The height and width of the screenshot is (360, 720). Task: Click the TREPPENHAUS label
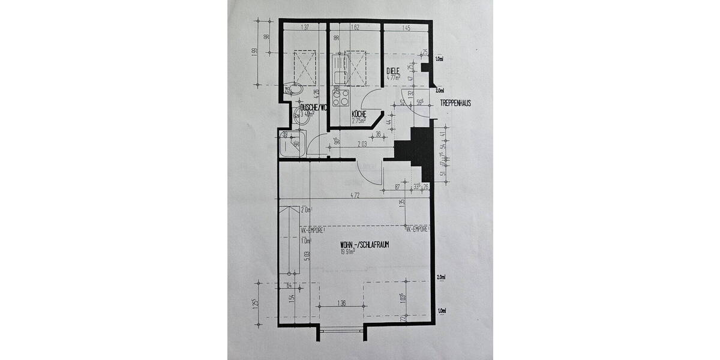455,103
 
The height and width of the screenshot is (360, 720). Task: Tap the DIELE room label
393,70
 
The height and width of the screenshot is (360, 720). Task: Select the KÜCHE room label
359,113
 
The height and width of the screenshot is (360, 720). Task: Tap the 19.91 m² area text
348,252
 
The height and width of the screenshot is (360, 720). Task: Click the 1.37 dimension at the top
305,28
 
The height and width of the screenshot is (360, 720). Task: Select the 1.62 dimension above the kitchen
354,28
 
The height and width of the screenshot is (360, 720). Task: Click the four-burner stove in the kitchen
341,97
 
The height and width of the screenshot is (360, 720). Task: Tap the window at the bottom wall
342,329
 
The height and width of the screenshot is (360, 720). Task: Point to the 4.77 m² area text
393,77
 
